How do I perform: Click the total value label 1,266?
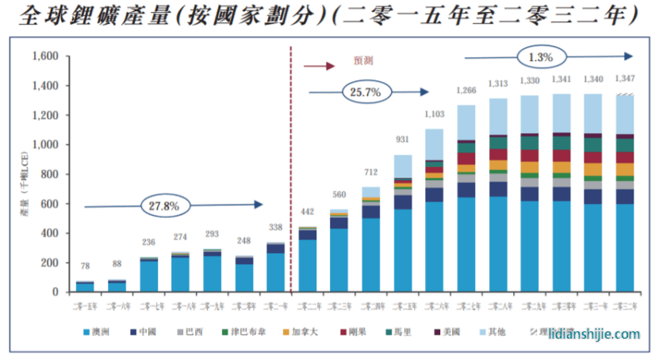coord(466,90)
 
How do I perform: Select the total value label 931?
coord(402,140)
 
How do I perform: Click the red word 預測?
coord(363,59)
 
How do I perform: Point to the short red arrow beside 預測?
coord(320,66)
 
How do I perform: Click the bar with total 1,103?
coord(434,211)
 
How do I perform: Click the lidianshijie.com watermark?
coord(594,334)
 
